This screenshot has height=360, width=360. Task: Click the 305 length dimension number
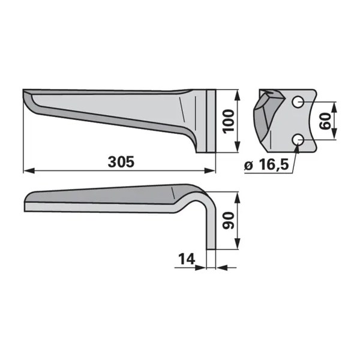click(121, 161)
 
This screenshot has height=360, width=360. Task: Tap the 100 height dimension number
click(229, 121)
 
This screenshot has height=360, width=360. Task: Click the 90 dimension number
click(229, 221)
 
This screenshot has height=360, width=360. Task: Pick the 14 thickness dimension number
click(187, 259)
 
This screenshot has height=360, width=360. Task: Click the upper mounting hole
click(298, 101)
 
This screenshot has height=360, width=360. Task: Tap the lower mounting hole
click(298, 139)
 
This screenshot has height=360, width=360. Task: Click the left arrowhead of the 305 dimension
click(29, 171)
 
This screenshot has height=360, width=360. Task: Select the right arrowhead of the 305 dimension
click(210, 171)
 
